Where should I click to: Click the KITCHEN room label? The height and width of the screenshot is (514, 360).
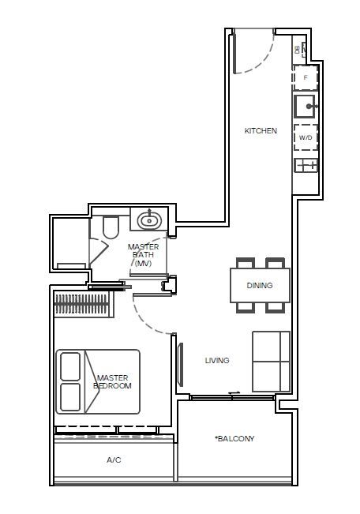tap(261, 130)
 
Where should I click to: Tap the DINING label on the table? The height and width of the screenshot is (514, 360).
tap(260, 285)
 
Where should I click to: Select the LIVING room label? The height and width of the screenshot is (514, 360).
tap(217, 360)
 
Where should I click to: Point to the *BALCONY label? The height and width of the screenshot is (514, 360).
tap(234, 438)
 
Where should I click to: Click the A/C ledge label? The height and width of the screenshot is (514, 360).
tap(114, 460)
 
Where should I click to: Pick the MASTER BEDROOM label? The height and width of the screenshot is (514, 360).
tap(112, 382)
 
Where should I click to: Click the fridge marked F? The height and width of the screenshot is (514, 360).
tap(306, 77)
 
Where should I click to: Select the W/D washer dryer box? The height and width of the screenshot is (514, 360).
tap(306, 137)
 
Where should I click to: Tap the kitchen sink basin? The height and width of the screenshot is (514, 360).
tap(305, 107)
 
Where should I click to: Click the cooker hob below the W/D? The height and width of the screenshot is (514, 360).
tap(306, 165)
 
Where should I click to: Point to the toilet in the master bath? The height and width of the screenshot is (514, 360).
tap(111, 227)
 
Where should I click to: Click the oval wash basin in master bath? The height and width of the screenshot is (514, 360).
tap(149, 220)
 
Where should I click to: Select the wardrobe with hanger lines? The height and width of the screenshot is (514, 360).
tap(83, 305)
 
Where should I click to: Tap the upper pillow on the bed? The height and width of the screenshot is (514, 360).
tap(70, 366)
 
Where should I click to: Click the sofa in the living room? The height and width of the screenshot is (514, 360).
tap(271, 362)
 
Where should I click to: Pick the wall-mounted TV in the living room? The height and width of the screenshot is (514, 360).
tap(180, 364)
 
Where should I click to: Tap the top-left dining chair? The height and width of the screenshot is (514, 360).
tap(246, 263)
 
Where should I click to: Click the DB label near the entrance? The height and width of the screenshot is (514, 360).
tap(298, 50)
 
